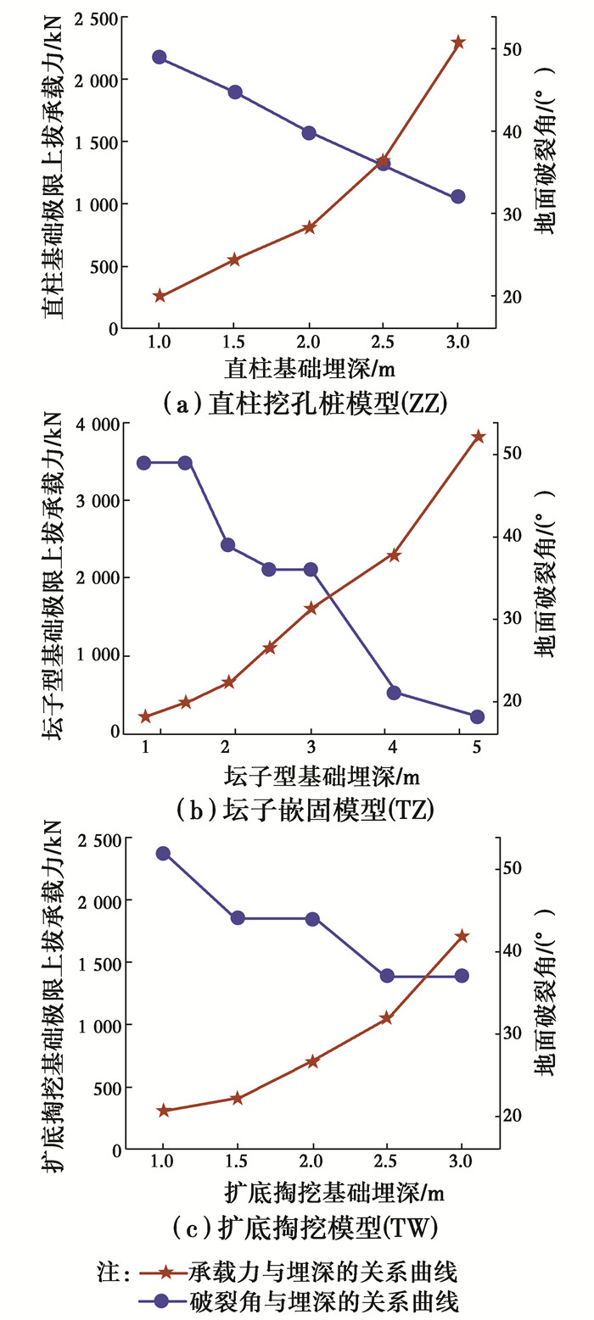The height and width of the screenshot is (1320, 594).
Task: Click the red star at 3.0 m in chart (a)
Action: (458, 42)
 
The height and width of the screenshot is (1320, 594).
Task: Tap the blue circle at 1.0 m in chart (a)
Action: (160, 57)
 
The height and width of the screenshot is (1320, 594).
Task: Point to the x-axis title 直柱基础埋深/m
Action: (311, 369)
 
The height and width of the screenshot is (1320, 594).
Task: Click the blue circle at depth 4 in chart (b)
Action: (394, 693)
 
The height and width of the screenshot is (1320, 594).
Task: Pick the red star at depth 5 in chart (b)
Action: (477, 437)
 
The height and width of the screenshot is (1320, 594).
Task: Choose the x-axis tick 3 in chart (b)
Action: (311, 746)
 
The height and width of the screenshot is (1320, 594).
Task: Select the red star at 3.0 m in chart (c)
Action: (462, 936)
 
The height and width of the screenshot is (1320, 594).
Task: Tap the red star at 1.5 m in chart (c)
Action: (238, 1099)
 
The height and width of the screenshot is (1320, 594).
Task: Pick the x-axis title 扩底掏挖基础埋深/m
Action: (335, 1192)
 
